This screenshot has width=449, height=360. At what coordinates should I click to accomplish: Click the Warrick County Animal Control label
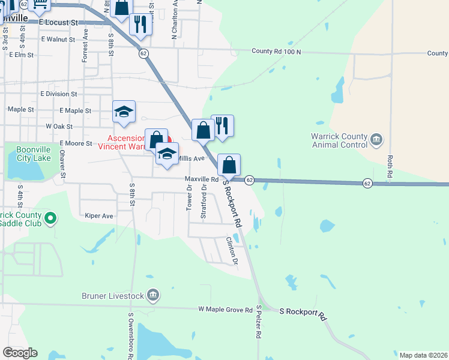(x=339, y=140)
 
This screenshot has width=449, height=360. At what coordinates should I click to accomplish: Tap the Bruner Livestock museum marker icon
(x=153, y=295)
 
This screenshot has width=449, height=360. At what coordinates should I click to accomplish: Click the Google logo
(x=20, y=353)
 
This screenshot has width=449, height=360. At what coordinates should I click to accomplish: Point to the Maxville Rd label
(x=201, y=179)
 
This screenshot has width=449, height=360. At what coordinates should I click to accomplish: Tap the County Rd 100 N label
(x=276, y=52)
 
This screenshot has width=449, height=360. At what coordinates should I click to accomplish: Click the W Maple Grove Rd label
(x=226, y=310)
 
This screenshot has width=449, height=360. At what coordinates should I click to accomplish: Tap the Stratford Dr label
(x=203, y=201)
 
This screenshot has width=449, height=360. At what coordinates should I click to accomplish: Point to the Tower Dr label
(x=190, y=196)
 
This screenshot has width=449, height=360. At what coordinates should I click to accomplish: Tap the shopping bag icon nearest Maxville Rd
(x=229, y=165)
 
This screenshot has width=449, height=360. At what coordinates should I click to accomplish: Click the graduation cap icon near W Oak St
(x=124, y=112)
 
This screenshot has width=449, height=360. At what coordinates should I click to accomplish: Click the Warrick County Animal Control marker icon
(x=376, y=140)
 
